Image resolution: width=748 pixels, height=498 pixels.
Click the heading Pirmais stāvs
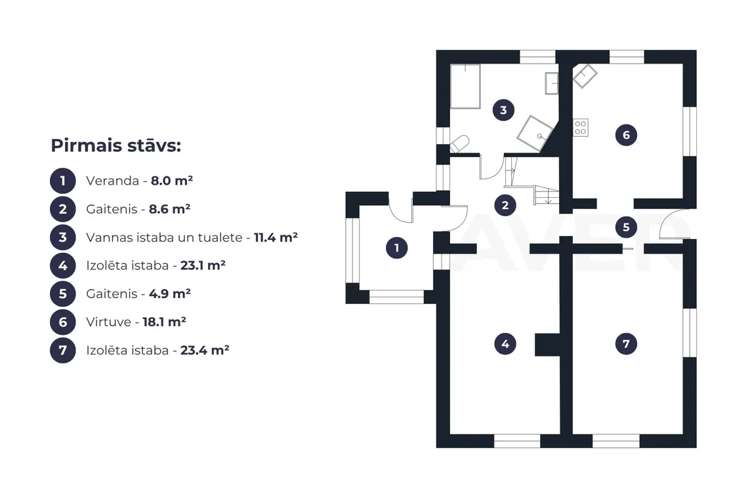116,145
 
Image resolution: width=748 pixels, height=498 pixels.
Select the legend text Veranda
113,181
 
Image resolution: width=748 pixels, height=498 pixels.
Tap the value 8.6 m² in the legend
170,209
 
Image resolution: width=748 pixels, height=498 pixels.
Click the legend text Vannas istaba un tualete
164,237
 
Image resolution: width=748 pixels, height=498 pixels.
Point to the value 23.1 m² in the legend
203,265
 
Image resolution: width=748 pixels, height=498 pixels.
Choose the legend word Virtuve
109,322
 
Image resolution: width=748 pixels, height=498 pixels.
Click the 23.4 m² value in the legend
205,351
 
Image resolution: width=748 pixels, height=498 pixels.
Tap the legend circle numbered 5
63,294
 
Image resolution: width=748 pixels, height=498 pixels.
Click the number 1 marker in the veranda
396,248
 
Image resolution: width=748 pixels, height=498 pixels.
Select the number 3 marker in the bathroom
503,110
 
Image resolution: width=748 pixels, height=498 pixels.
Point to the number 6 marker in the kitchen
627,135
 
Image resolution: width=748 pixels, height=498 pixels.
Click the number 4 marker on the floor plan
505,343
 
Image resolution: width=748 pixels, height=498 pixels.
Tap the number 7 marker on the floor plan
627,343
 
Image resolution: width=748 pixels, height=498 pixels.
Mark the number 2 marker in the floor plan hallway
505,205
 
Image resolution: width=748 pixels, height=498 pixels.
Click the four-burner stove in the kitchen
581,128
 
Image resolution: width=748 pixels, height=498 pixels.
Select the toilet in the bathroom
459,144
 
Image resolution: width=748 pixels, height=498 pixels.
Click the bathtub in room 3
465,86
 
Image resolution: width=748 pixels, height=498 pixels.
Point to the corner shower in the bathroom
535,134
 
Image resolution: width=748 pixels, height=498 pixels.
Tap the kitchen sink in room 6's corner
585,76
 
